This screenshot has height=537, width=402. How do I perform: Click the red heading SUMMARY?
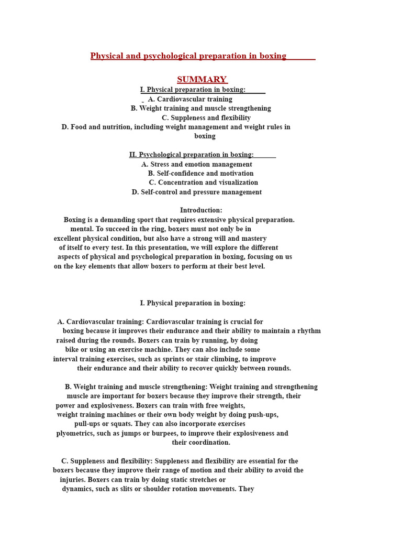pos(202,80)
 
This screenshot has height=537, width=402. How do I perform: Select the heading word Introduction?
pos(200,210)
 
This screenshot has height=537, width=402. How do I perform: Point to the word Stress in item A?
pos(160,164)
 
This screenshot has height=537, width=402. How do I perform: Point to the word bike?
pos(72,350)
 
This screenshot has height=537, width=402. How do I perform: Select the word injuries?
pos(72,480)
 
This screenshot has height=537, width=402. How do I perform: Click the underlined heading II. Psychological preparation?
pos(192,155)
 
